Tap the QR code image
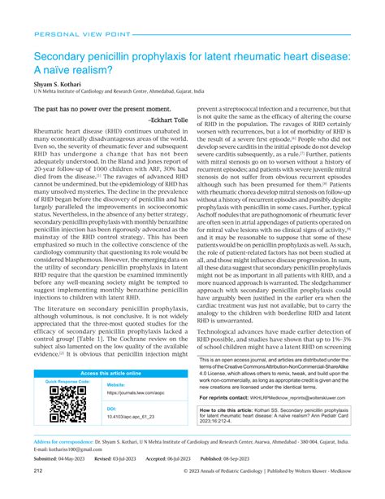pyautogui.click(x=67, y=404)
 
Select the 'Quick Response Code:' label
pyautogui.click(x=67, y=382)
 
